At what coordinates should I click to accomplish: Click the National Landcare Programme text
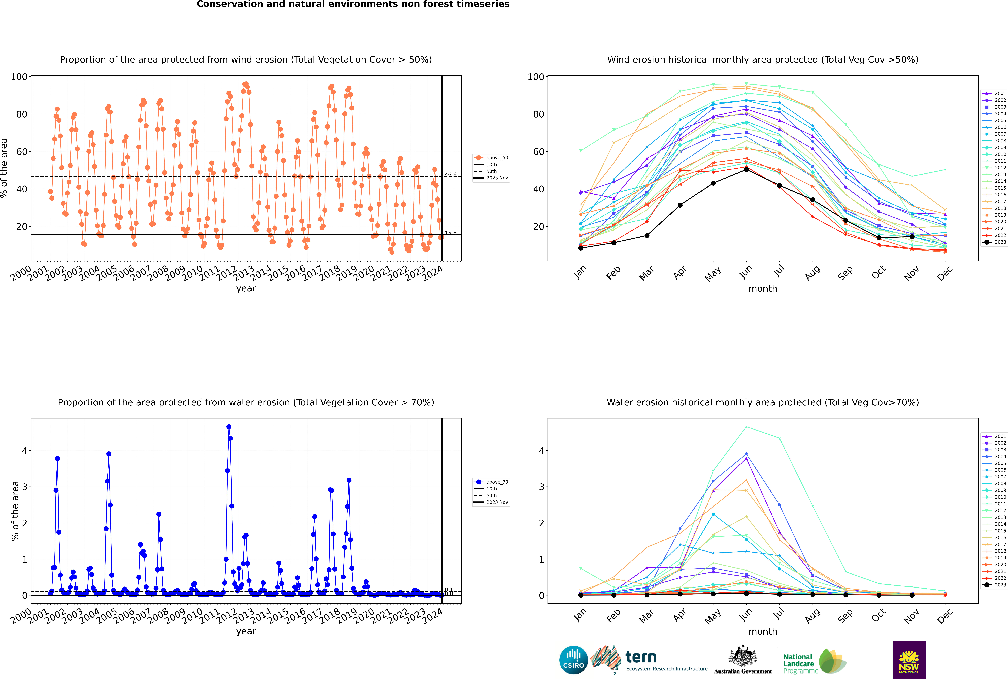point(798,663)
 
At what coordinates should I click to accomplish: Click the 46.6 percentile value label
point(450,175)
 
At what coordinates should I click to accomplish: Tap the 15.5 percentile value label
point(450,233)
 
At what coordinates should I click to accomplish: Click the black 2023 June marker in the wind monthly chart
point(746,169)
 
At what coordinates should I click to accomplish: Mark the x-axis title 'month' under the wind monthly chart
point(763,289)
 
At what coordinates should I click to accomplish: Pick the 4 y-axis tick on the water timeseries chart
point(25,451)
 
